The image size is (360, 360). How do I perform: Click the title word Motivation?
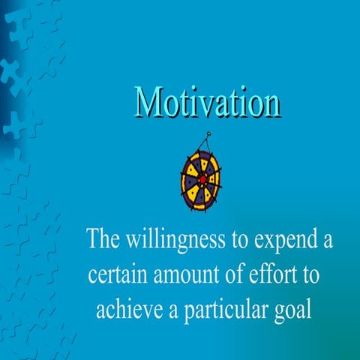tap(208, 104)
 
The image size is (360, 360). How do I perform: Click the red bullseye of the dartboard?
tap(202, 179)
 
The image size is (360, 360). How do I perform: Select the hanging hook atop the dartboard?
tap(206, 139)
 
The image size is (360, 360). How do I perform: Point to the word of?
tap(230, 274)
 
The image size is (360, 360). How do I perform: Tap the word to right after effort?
tap(310, 275)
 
